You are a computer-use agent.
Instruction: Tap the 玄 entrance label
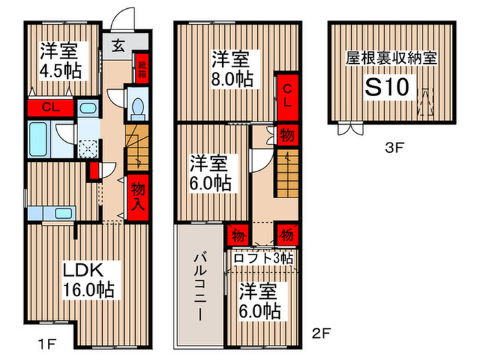click(x=118, y=47)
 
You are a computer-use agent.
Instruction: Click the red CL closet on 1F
click(x=49, y=107)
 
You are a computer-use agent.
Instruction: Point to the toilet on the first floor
click(x=137, y=107)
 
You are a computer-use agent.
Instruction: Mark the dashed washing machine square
click(x=88, y=146)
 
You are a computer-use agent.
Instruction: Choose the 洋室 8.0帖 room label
click(x=231, y=67)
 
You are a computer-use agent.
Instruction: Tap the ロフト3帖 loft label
click(x=263, y=258)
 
